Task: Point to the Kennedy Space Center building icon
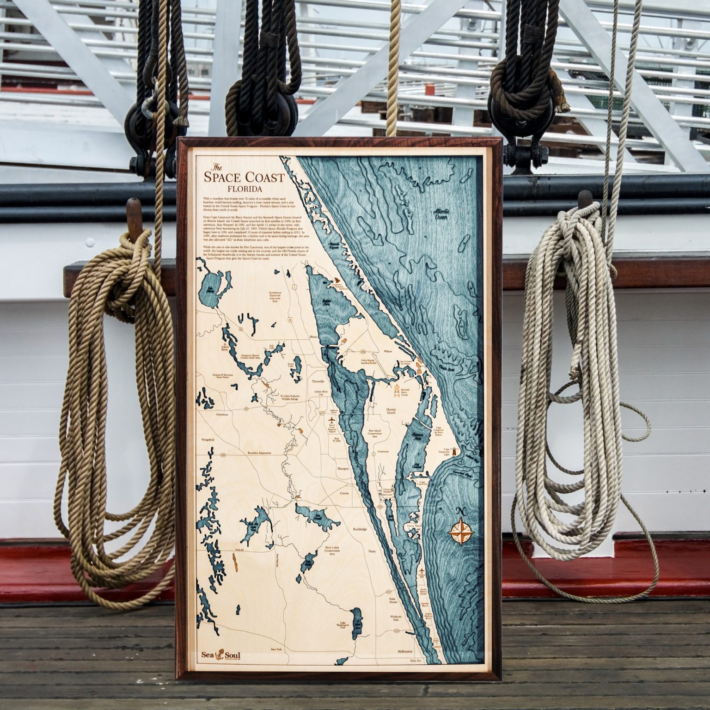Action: (x=397, y=390)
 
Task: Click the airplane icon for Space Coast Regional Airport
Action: (x=331, y=420)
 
